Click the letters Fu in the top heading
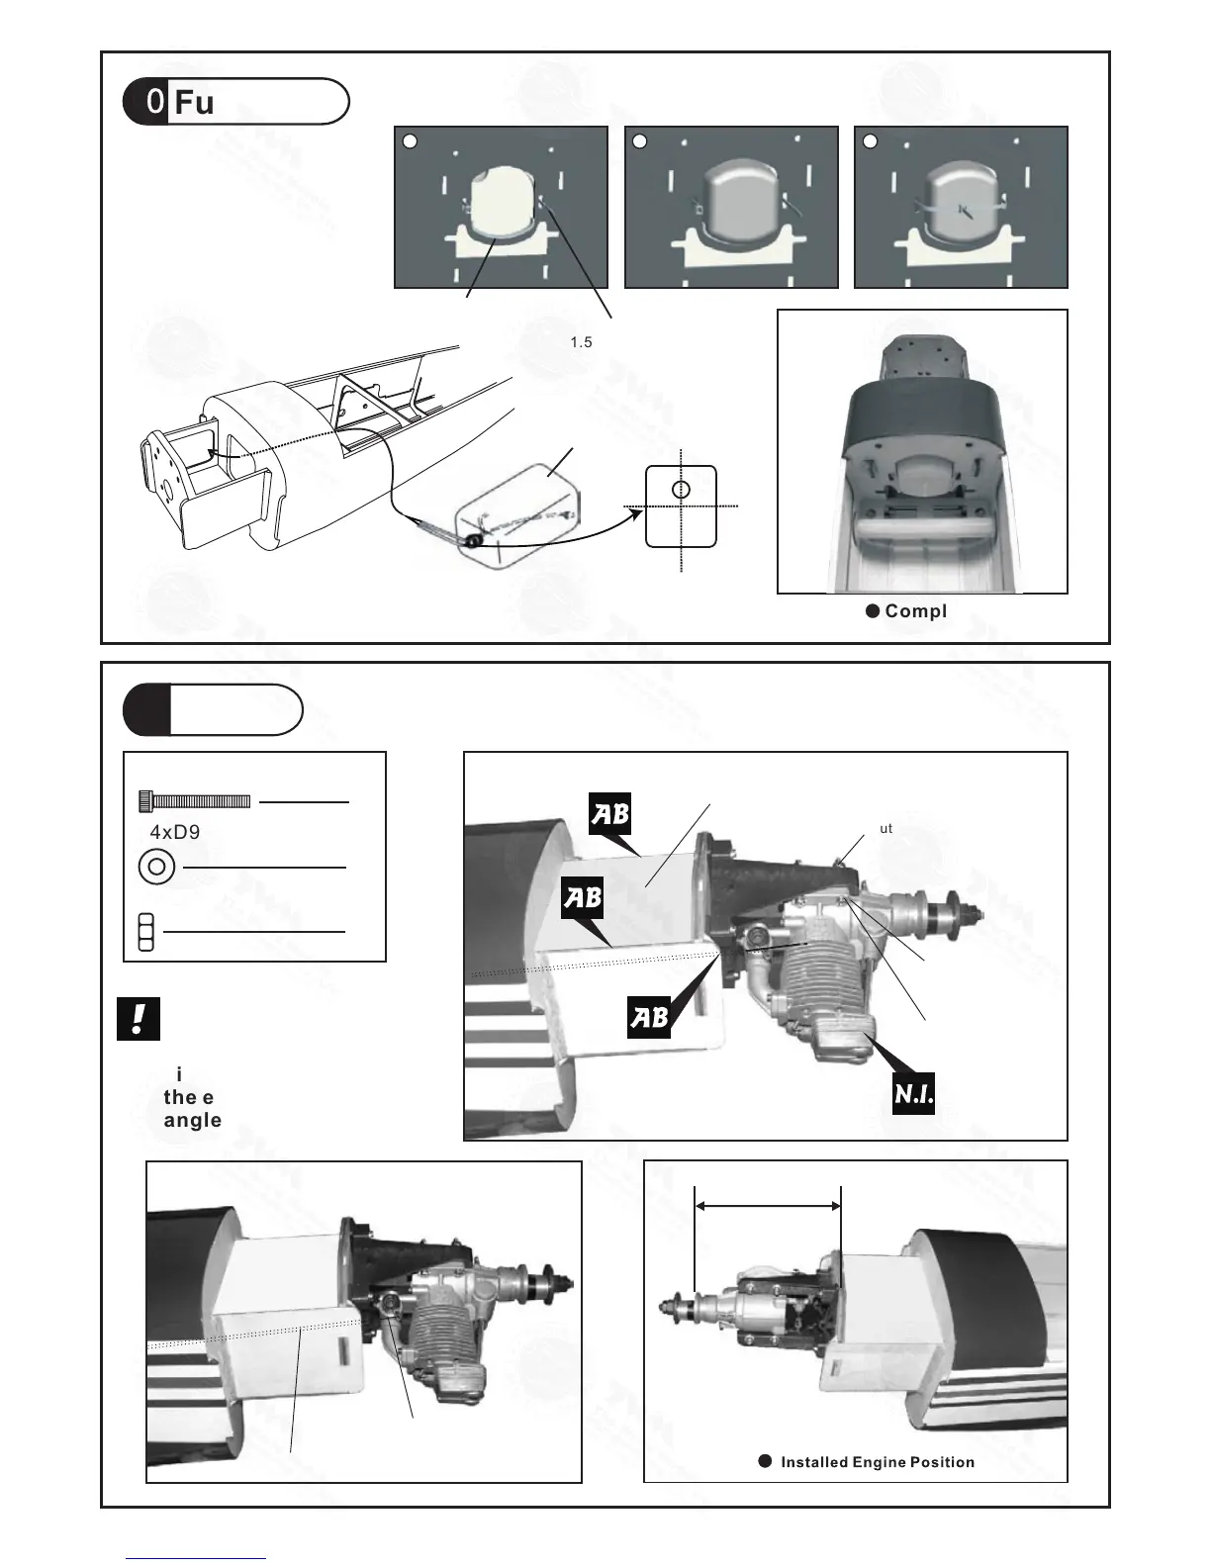click(193, 103)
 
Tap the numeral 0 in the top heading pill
click(154, 103)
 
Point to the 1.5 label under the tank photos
click(581, 342)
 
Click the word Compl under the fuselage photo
click(915, 611)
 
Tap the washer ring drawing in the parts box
click(156, 868)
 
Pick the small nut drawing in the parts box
click(145, 932)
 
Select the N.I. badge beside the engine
click(913, 1095)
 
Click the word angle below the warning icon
click(192, 1121)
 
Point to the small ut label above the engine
click(885, 828)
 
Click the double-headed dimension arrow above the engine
click(768, 1206)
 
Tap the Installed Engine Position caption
click(878, 1462)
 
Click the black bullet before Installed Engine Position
click(764, 1461)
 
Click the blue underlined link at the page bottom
click(196, 1559)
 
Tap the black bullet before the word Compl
click(873, 611)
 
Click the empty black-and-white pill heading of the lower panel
click(213, 709)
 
